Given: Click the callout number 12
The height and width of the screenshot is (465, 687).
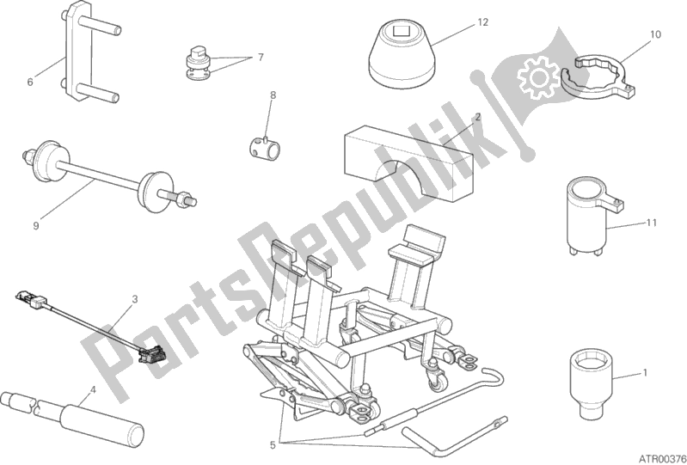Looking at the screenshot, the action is point(482,21).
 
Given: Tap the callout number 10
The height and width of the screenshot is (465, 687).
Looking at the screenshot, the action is point(655,34).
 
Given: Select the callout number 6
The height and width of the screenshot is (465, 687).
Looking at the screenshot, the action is point(30,82).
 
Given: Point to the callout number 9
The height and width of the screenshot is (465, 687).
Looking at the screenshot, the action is point(36,225).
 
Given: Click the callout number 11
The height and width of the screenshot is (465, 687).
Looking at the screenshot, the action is point(652,223).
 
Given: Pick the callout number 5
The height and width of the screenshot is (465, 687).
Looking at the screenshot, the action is point(273,446).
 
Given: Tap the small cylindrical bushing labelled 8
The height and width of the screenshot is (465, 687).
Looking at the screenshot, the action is point(264,148).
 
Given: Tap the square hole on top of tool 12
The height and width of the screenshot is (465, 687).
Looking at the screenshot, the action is point(402,31).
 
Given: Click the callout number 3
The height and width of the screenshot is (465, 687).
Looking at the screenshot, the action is point(135,299).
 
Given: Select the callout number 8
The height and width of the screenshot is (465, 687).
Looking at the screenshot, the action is point(273,95).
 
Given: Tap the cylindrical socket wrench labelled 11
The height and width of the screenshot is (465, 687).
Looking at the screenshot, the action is point(592,217).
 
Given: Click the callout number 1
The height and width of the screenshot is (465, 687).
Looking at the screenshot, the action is point(645,373).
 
